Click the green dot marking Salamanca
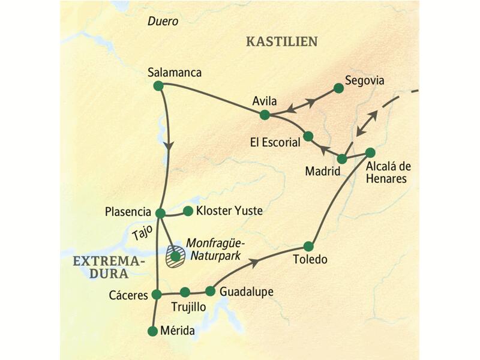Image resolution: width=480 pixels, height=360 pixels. (158, 86)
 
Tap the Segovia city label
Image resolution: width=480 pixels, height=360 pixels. (364, 80)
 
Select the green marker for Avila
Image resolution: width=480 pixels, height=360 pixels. (264, 114)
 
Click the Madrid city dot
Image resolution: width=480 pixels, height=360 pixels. (342, 159)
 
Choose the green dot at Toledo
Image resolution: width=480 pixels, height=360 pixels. (308, 246)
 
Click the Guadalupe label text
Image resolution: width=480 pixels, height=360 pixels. (247, 292)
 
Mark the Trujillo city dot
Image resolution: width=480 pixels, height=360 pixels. (185, 292)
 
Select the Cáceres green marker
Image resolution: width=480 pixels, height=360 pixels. (157, 294)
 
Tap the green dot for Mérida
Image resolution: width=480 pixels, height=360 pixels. (152, 331)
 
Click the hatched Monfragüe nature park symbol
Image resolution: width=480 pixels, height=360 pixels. (175, 256)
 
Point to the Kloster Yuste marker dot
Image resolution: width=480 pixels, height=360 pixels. (188, 211)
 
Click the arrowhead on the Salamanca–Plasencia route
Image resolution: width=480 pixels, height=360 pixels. (169, 146)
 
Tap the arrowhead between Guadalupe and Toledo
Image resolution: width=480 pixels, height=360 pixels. (254, 262)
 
